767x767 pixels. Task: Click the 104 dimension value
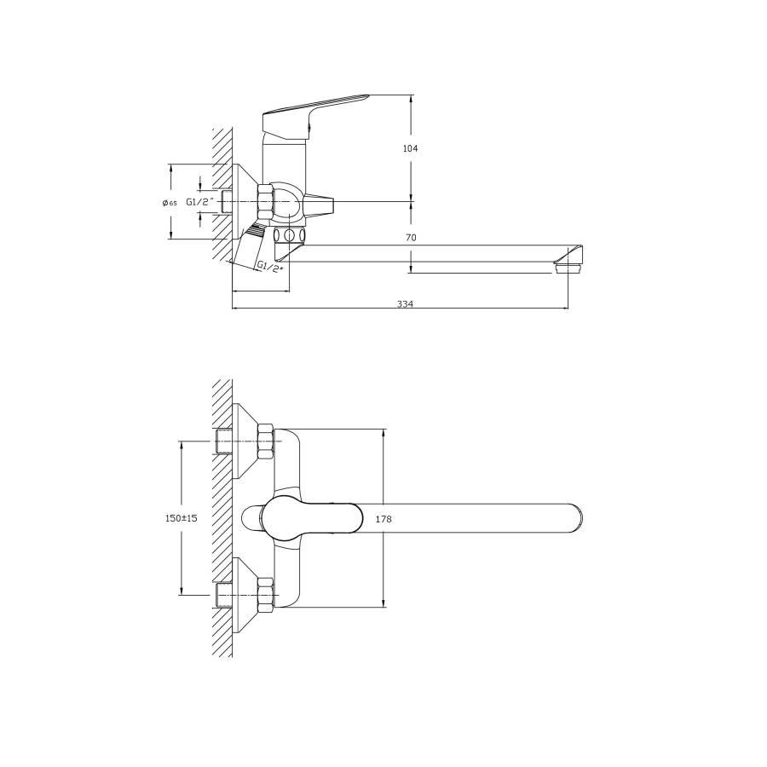coord(410,148)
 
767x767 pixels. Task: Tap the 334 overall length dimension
coord(405,303)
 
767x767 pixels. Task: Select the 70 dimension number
coord(411,238)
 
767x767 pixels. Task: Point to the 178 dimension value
coord(383,519)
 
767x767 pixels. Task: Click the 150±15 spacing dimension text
coord(181,518)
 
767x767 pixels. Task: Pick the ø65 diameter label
coord(170,203)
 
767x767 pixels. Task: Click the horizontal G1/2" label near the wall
coord(200,201)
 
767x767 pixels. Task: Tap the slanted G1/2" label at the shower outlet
coord(270,267)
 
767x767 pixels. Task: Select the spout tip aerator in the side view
coord(568,268)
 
